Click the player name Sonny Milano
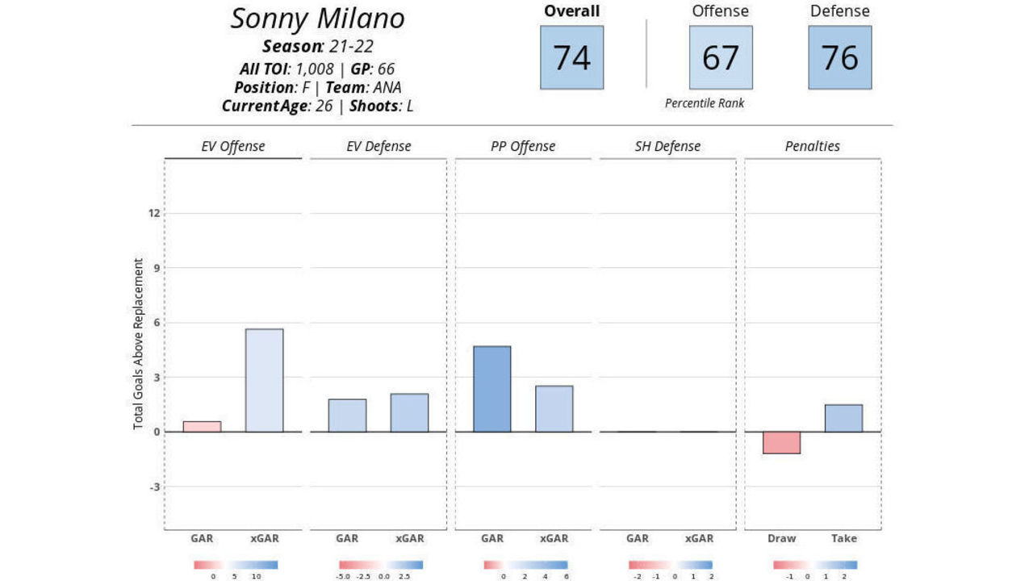pyautogui.click(x=317, y=19)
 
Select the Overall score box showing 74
pyautogui.click(x=571, y=57)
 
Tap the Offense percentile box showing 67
pyautogui.click(x=720, y=57)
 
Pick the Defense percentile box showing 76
pyautogui.click(x=839, y=57)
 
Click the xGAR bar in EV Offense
pyautogui.click(x=264, y=380)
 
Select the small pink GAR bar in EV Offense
pyautogui.click(x=202, y=426)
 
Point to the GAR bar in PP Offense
pyautogui.click(x=491, y=389)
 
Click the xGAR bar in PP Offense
pyautogui.click(x=554, y=408)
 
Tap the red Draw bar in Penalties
pyautogui.click(x=781, y=442)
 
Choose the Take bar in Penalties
pyautogui.click(x=843, y=418)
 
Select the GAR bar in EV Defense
pyautogui.click(x=347, y=416)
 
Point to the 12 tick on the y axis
pyautogui.click(x=153, y=213)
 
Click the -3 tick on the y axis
pyautogui.click(x=153, y=487)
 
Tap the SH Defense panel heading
pyautogui.click(x=667, y=146)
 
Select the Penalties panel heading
pyautogui.click(x=812, y=146)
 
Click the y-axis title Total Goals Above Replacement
pyautogui.click(x=139, y=344)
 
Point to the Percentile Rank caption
pyautogui.click(x=705, y=103)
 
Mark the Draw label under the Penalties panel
pyautogui.click(x=781, y=538)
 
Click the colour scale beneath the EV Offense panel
pyautogui.click(x=236, y=565)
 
